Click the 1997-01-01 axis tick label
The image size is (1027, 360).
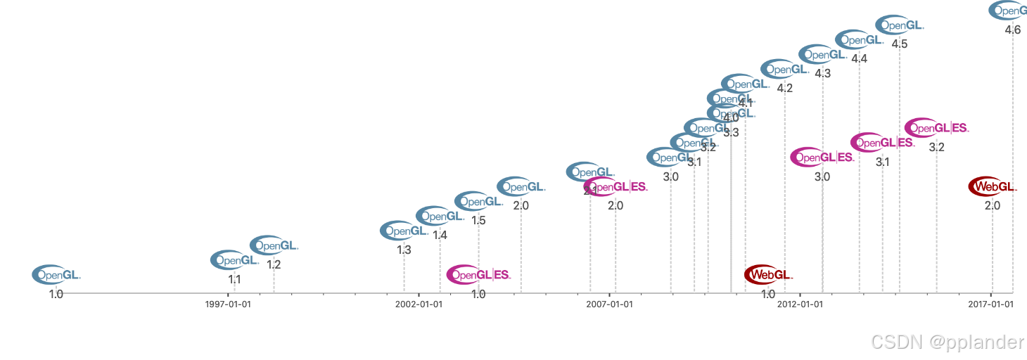[x=228, y=304]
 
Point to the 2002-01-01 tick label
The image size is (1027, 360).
[x=419, y=304]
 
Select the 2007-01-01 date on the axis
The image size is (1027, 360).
[x=610, y=304]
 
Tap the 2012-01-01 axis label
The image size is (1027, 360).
[x=800, y=304]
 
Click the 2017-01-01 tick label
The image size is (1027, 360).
[x=991, y=304]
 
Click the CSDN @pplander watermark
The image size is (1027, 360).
[x=947, y=342]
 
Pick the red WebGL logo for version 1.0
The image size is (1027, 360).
[x=768, y=274]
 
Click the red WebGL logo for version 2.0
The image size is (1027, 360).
[x=993, y=187]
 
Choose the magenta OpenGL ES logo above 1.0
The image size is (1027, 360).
[x=478, y=274]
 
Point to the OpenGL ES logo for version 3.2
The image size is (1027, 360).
[x=936, y=128]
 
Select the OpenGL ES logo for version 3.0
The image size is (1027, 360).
[x=822, y=157]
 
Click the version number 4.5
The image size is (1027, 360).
[x=899, y=44]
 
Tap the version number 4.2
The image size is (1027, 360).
[x=785, y=89]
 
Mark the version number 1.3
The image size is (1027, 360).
[x=404, y=250]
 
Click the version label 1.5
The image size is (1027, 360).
[x=478, y=220]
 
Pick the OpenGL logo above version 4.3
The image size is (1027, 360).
[x=822, y=54]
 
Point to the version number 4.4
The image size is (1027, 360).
[x=859, y=59]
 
